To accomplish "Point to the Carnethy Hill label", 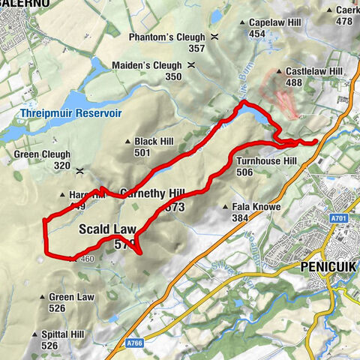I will (152, 192).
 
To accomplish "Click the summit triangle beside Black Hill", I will (128, 141).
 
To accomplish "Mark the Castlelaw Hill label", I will (314, 71).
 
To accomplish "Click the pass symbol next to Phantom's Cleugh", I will (215, 37).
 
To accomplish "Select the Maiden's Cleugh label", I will (147, 65).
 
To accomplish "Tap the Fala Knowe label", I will (256, 206).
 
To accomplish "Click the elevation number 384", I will (240, 217).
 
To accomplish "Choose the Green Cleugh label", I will (43, 155).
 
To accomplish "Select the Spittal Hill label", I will (73, 334).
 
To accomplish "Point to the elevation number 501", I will (142, 152).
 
